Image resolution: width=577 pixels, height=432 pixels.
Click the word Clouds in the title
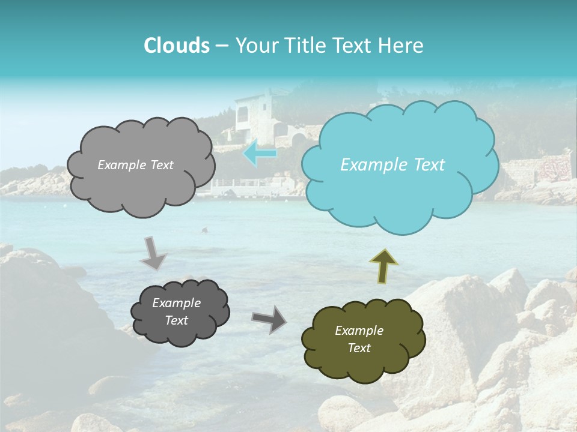(x=176, y=46)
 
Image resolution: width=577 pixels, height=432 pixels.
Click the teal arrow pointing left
(x=260, y=154)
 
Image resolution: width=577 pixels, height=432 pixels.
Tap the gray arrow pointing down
(x=153, y=253)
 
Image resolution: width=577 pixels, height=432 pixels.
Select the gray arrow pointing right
(x=269, y=319)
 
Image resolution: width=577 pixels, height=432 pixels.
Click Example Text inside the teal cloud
(x=392, y=165)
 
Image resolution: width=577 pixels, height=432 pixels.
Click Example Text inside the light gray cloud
(x=135, y=165)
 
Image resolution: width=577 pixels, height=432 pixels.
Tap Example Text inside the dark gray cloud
(x=176, y=312)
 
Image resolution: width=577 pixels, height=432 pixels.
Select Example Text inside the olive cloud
(x=359, y=340)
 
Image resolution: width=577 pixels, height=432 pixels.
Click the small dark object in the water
(x=205, y=230)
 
